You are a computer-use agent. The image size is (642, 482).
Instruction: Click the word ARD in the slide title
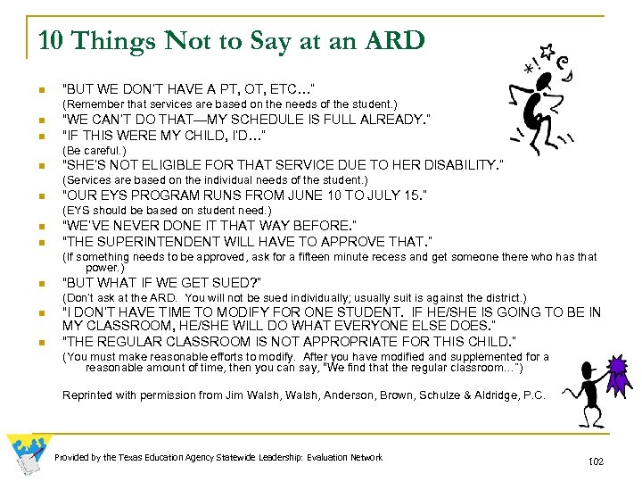click(394, 41)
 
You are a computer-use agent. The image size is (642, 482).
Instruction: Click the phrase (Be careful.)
click(88, 150)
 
